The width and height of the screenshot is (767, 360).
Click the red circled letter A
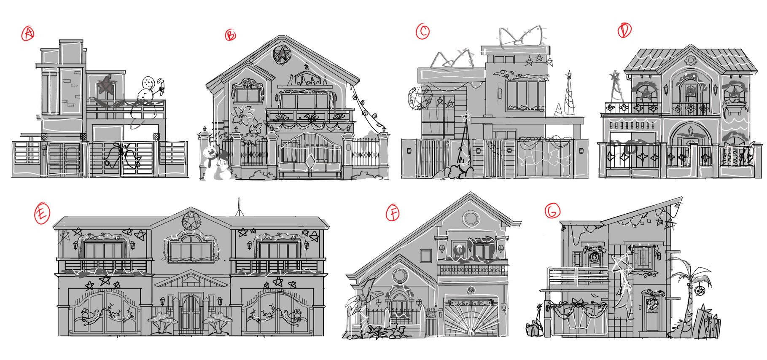coord(28,33)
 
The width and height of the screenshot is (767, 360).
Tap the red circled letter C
coord(423,31)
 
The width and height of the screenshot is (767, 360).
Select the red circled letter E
coord(42,213)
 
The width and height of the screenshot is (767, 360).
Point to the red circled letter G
coord(552,210)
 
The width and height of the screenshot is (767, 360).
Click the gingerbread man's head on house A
coord(148,82)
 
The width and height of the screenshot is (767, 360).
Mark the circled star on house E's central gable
coord(191,220)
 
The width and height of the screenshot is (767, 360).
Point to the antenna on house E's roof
coord(239,207)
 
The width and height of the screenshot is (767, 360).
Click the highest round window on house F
coord(470,219)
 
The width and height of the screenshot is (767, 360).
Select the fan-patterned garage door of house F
coord(471,317)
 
